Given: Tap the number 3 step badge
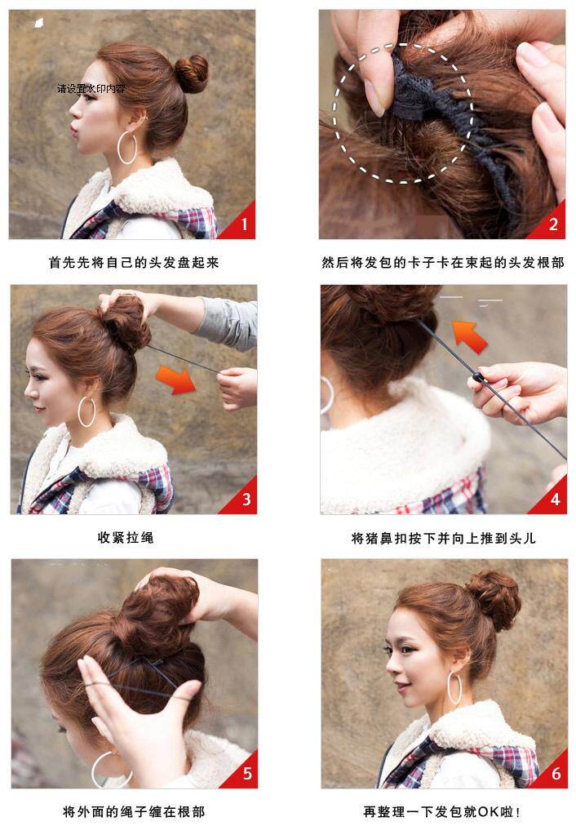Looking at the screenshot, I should (242, 499).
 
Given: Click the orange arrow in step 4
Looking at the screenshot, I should (468, 334).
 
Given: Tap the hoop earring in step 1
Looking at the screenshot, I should (127, 149).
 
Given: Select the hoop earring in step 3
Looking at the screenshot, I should (86, 411).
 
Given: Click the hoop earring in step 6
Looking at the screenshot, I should (454, 687).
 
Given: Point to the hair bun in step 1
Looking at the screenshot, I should (192, 73).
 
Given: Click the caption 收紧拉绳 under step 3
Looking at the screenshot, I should (125, 538).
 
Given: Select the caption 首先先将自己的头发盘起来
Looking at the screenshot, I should (134, 263).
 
